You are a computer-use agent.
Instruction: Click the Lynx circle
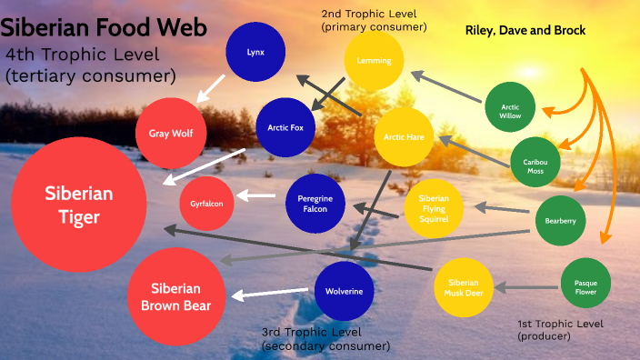click(x=255, y=52)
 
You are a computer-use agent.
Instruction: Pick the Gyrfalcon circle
click(x=207, y=204)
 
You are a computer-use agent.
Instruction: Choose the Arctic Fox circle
click(x=285, y=128)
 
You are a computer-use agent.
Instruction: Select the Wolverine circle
click(x=345, y=292)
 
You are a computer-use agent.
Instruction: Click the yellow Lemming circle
click(x=374, y=61)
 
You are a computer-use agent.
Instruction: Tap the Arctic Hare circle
click(x=404, y=138)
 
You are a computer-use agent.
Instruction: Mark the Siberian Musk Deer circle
click(x=464, y=287)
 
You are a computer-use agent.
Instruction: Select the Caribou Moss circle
click(x=535, y=165)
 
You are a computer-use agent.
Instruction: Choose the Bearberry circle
click(x=560, y=221)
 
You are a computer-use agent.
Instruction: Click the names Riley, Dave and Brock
click(x=525, y=30)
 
